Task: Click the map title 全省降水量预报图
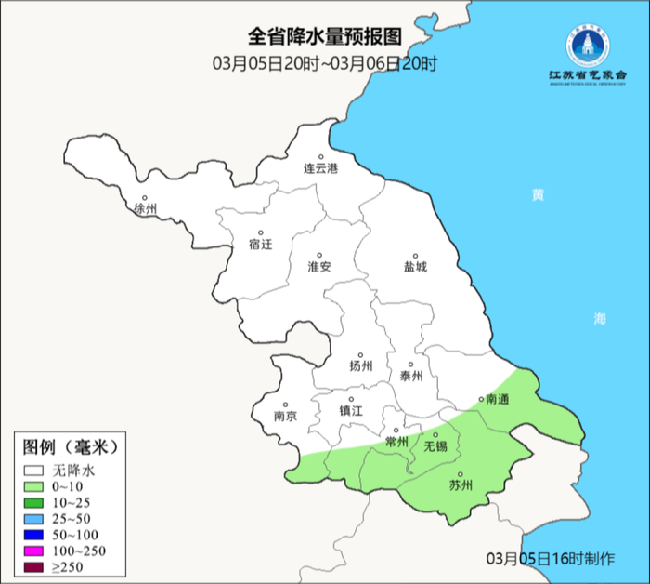(x=324, y=37)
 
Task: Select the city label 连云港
(x=321, y=169)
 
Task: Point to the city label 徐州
(x=147, y=208)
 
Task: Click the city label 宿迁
(x=261, y=245)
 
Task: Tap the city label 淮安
(x=319, y=266)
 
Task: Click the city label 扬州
(x=360, y=365)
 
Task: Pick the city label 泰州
(x=410, y=376)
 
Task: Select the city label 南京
(x=285, y=417)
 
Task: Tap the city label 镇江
(x=351, y=410)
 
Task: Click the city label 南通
(x=498, y=399)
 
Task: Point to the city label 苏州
(x=461, y=484)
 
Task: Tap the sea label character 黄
(x=538, y=195)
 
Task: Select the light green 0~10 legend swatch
(x=35, y=487)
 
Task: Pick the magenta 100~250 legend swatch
(x=35, y=551)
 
